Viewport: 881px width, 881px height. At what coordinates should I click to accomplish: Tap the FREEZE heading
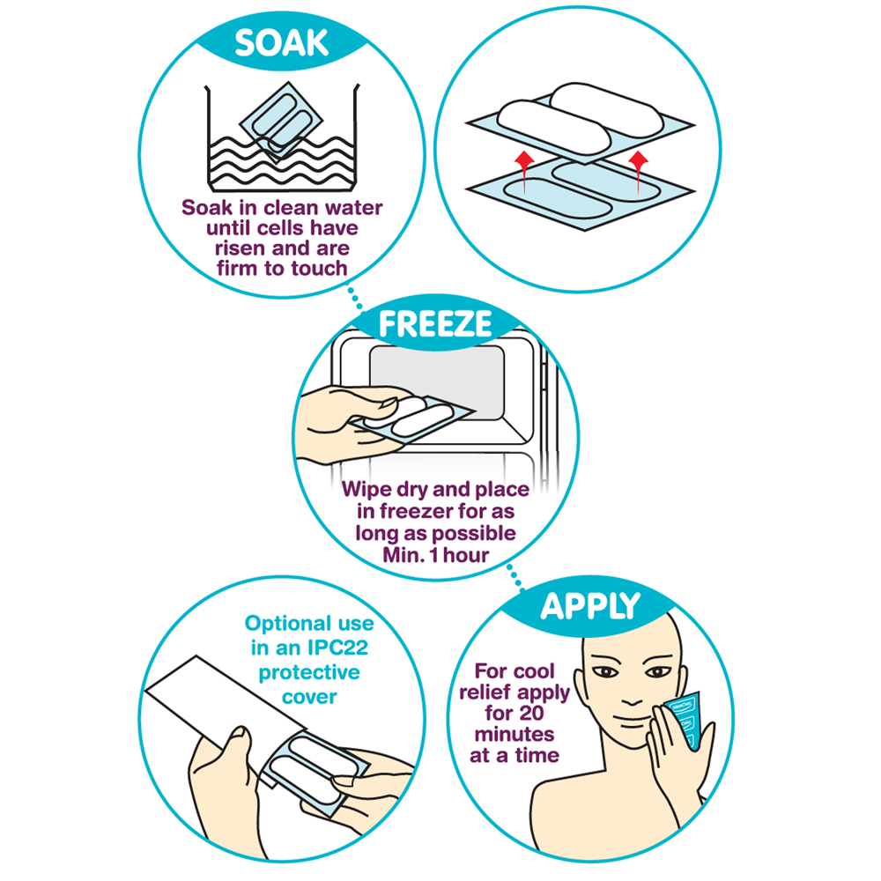435,323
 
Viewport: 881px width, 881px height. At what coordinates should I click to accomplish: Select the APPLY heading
590,606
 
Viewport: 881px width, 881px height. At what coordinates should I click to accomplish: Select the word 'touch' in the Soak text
319,269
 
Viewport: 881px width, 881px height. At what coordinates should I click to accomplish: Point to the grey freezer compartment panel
437,382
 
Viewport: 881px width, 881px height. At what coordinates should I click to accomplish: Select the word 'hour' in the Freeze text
466,555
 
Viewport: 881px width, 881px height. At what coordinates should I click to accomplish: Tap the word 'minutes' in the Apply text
515,735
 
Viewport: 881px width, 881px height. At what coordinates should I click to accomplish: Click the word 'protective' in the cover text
309,672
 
